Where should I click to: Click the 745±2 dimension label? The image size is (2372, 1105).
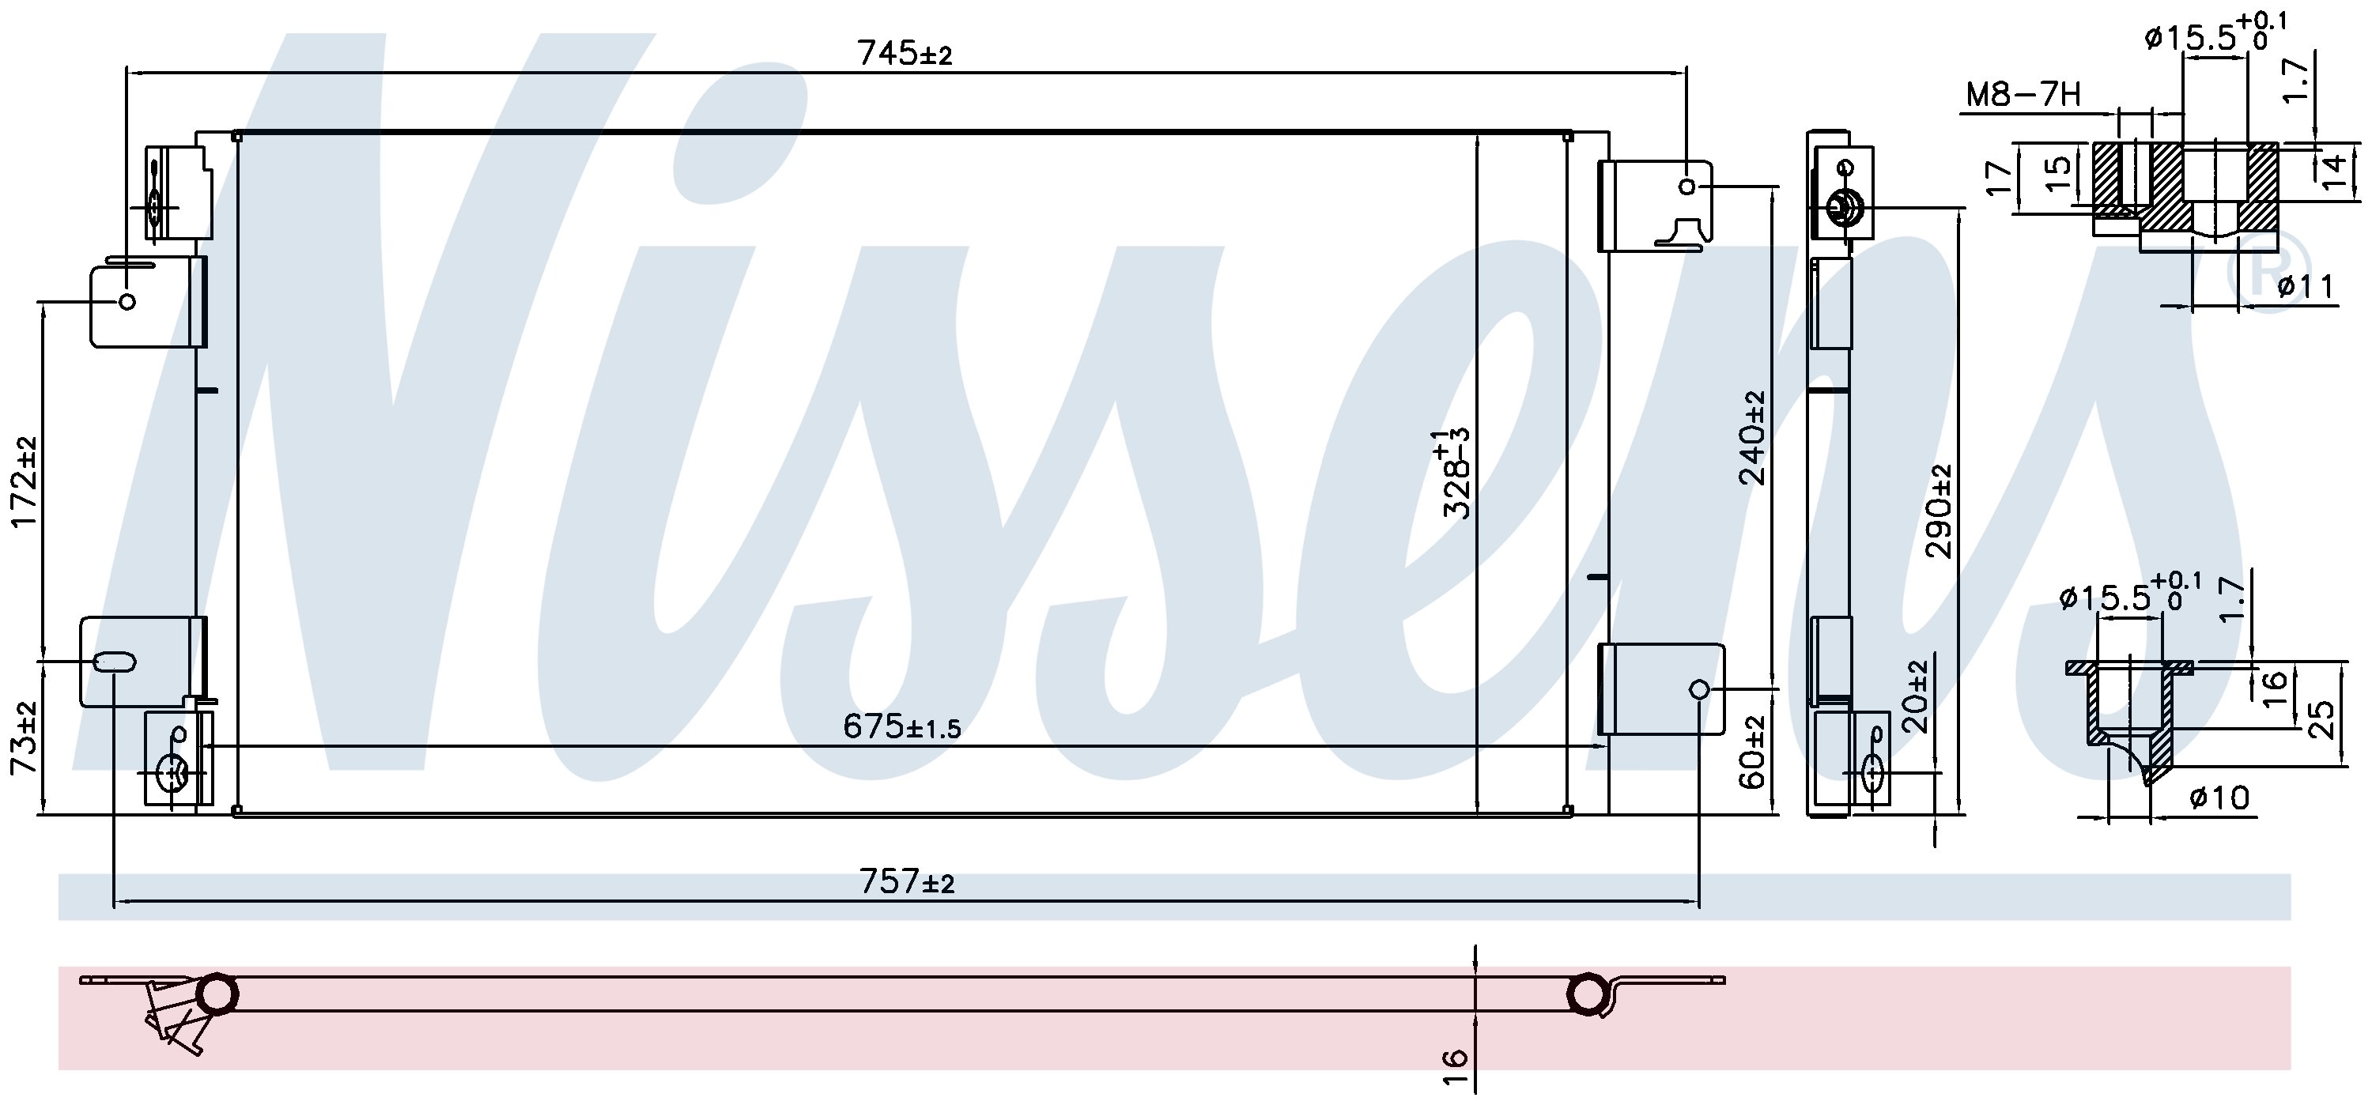tap(905, 54)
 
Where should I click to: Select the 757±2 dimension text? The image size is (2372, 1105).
tap(907, 882)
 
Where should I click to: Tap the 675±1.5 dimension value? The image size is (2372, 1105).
tap(901, 727)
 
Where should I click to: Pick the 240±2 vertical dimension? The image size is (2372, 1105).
tap(1751, 437)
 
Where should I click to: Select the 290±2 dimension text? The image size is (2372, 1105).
tap(1940, 511)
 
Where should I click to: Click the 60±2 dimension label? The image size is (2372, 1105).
tap(1752, 752)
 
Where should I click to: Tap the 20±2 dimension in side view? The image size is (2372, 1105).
tap(1917, 696)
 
